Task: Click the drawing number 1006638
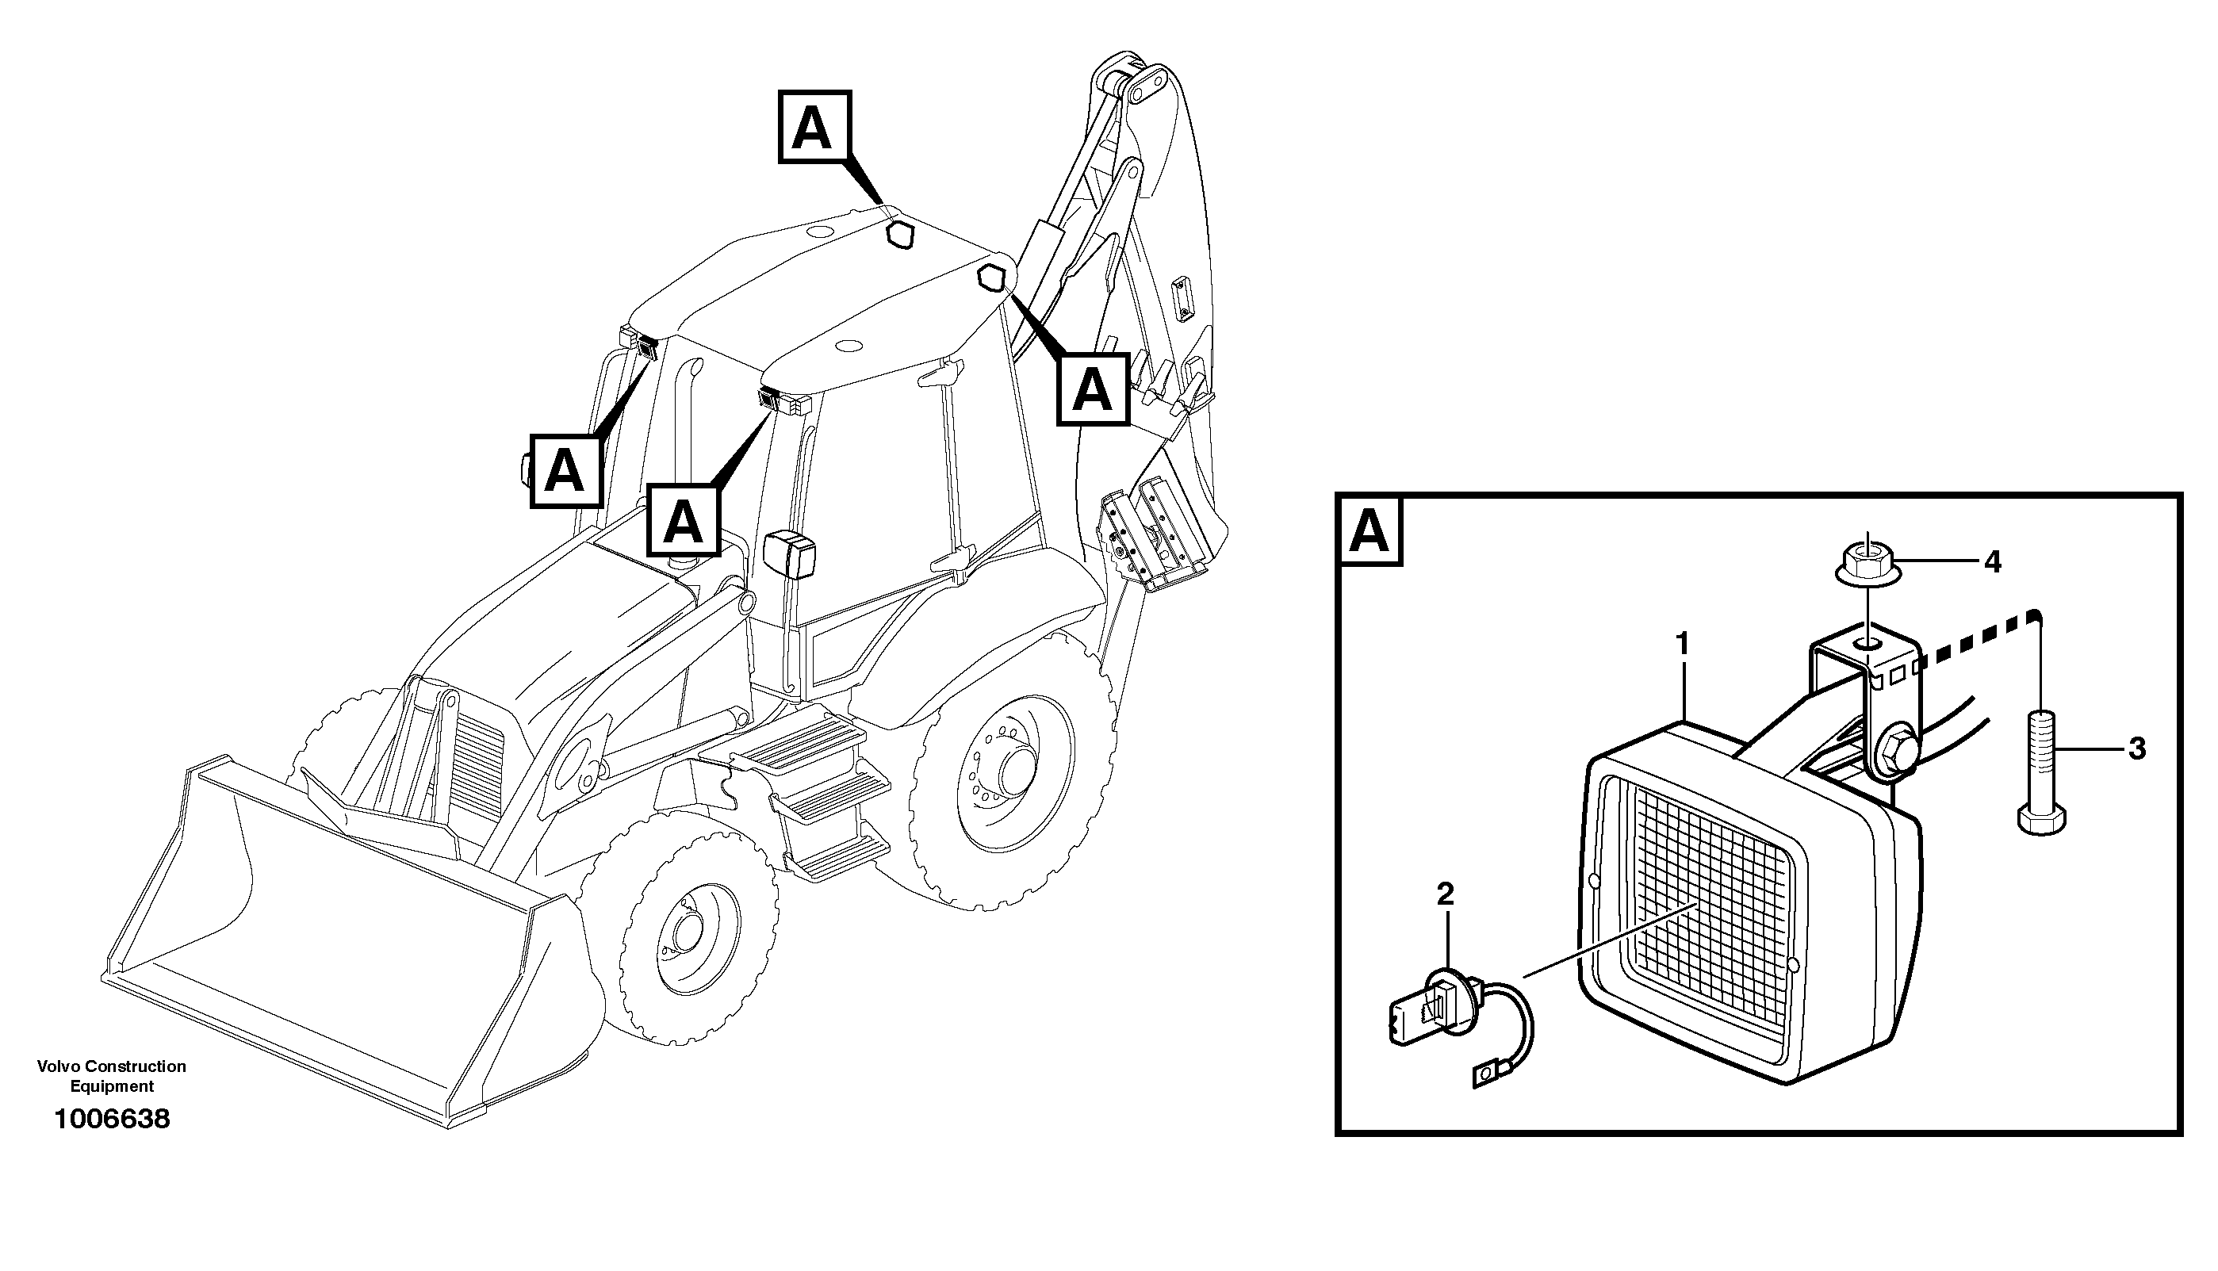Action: point(112,1119)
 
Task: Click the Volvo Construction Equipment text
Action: point(112,1075)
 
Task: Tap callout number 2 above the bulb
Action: point(1446,894)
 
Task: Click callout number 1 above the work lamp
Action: point(1682,645)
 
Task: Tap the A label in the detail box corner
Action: point(1369,531)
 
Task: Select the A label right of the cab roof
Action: point(1092,389)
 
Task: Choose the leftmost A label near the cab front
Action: point(565,472)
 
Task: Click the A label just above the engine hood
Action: point(683,521)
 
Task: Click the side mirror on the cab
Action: point(791,554)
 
